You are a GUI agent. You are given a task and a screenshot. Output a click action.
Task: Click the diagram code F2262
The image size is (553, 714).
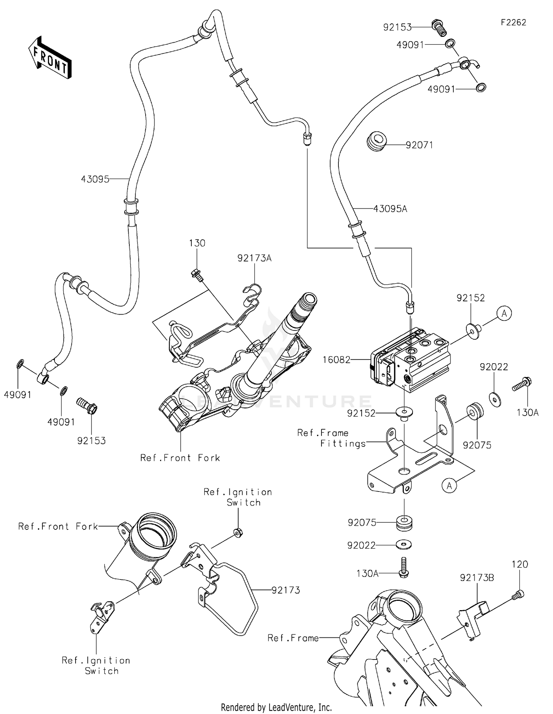coord(513,22)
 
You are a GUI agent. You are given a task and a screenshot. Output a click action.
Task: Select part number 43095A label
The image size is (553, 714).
coord(390,209)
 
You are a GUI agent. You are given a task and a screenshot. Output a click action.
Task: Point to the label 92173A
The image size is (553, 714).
coord(254,258)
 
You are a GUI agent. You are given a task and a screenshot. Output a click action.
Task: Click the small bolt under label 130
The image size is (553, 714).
coord(196,274)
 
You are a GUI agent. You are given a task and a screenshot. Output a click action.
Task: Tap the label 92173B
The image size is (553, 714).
coord(477,578)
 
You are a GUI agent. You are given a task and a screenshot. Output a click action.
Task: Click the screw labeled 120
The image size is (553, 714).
coord(518,594)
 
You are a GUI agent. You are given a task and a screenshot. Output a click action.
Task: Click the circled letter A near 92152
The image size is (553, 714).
coord(504,314)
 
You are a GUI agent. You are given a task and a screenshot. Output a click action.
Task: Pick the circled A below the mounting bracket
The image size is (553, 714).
coord(449,486)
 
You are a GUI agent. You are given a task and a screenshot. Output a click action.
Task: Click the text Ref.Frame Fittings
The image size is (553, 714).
coord(332,438)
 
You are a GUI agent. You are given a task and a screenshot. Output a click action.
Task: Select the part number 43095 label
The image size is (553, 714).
coord(95,179)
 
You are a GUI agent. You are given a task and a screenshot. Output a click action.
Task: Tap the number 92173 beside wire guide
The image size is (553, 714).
coord(286,590)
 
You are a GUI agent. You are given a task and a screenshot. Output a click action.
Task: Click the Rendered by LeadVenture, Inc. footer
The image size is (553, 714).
coord(276,707)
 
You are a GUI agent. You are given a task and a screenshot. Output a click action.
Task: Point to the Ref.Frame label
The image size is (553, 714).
coord(293,638)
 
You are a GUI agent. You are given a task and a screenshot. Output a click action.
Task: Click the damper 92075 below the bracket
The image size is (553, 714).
coord(404,523)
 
